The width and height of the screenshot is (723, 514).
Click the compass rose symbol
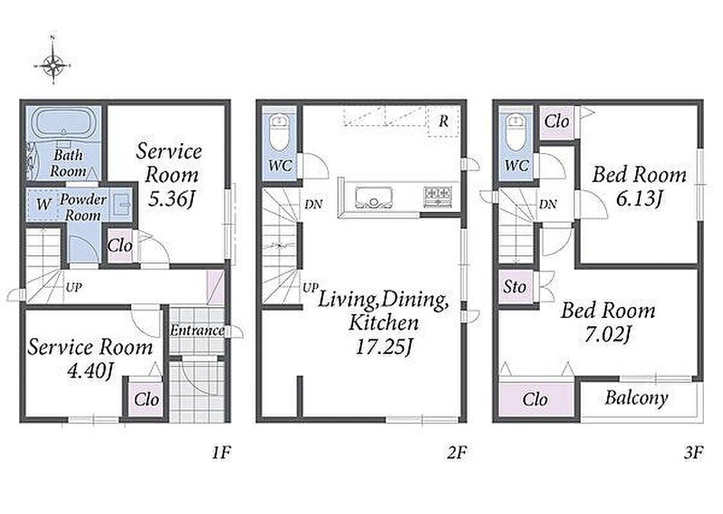[53, 65]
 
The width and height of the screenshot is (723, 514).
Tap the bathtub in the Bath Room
[62, 121]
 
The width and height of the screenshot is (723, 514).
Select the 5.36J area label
[171, 199]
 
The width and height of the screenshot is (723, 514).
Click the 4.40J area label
[90, 370]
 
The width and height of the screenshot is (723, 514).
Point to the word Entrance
[197, 330]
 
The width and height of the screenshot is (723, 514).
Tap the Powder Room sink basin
[123, 203]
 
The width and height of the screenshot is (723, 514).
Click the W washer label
[43, 204]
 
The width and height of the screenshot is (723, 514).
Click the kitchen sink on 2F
[374, 197]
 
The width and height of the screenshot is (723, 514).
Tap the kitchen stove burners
[437, 196]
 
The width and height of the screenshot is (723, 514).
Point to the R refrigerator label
[443, 121]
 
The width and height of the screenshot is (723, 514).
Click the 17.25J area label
[383, 346]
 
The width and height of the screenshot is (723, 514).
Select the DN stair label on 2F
[313, 204]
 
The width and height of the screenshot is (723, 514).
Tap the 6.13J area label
[639, 199]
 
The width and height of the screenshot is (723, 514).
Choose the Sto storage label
[515, 287]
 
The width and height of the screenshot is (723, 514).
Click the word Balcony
[637, 398]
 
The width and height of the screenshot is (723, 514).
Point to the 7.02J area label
[607, 334]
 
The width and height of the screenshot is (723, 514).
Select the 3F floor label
[693, 453]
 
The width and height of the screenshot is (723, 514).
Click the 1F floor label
[221, 453]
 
